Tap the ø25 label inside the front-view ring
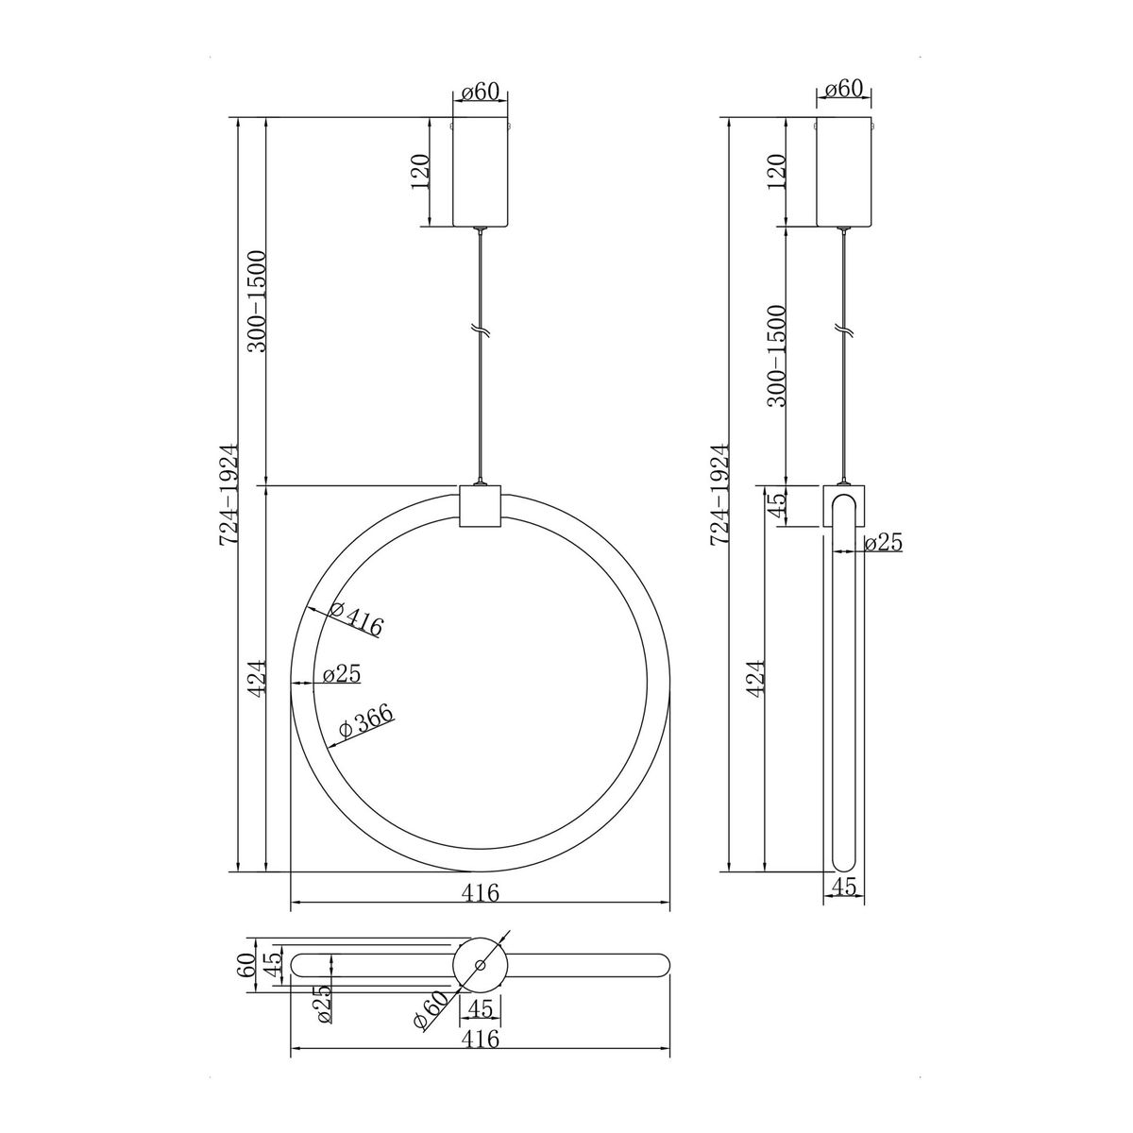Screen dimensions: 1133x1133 pos(342,673)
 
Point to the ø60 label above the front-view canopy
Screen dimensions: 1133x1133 pos(481,92)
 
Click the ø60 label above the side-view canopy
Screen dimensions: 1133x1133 pos(844,90)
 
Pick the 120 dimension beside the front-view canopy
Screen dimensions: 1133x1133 pos(420,172)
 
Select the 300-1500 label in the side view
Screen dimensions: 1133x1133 pos(777,356)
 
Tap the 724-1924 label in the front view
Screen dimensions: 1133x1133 pos(228,495)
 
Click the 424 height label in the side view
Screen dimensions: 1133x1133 pos(756,679)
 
